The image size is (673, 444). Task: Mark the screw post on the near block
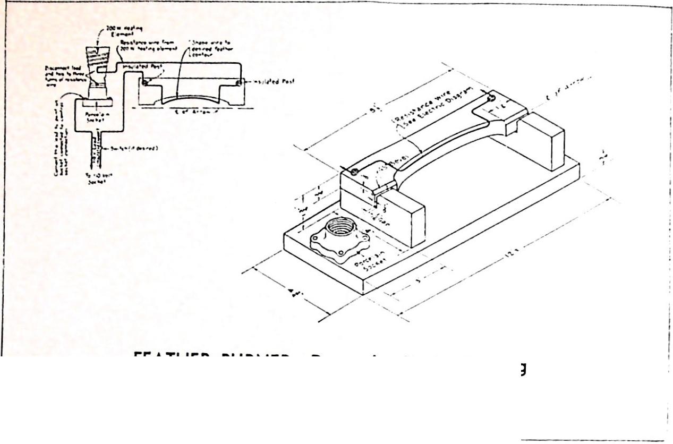355,169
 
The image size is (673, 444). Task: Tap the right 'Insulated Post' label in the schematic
274,81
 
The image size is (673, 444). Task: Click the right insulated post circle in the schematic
239,82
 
